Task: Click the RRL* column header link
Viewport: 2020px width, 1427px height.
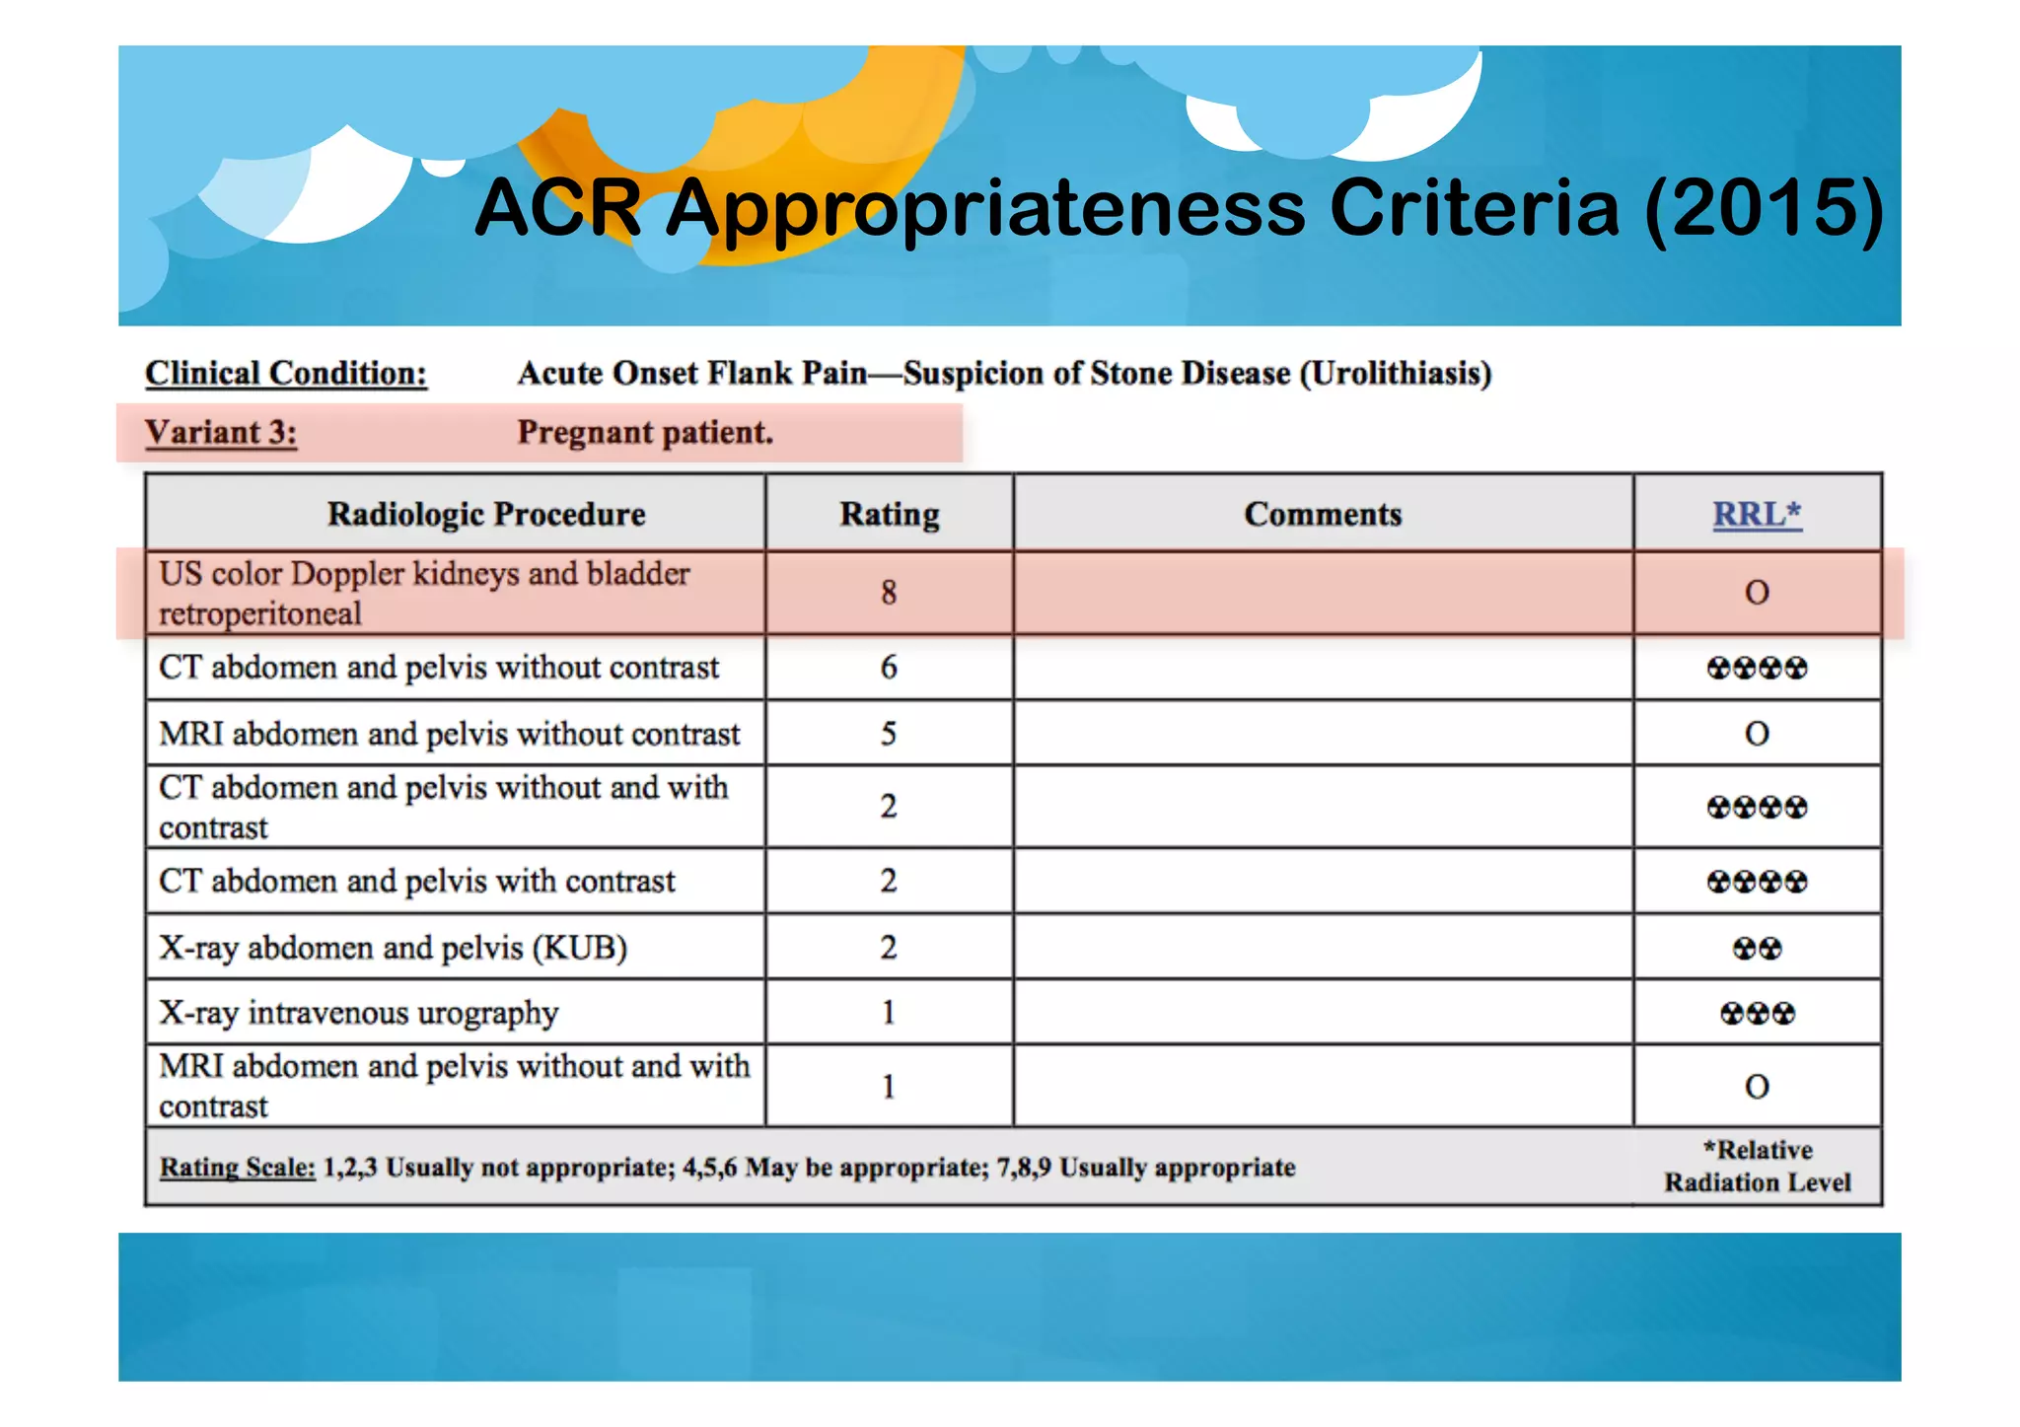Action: coord(1757,514)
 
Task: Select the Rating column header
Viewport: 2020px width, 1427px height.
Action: coord(889,514)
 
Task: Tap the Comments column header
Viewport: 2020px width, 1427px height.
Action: coord(1323,514)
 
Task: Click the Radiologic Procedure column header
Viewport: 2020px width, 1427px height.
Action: coord(486,514)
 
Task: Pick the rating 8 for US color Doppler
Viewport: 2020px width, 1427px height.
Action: coord(889,592)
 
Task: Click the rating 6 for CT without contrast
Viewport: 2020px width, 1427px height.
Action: coord(889,668)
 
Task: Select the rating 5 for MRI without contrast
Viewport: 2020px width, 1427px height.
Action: coord(889,734)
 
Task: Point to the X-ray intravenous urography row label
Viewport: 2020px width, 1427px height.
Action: coord(359,1013)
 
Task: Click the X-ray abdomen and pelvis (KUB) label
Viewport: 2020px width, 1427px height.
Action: coord(393,948)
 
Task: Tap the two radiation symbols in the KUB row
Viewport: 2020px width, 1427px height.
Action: coord(1757,949)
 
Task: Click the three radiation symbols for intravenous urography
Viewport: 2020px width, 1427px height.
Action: coord(1757,1014)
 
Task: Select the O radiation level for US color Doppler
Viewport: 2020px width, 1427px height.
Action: coord(1757,593)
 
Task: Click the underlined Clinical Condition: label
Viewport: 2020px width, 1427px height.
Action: coord(286,374)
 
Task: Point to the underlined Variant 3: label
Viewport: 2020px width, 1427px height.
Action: coord(221,433)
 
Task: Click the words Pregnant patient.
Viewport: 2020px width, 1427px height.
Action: coord(645,433)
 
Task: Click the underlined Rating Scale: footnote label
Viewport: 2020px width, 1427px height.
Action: coord(238,1168)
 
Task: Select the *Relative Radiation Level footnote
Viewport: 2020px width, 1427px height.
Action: coord(1757,1166)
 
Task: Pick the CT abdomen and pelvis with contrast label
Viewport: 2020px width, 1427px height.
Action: coord(417,881)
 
